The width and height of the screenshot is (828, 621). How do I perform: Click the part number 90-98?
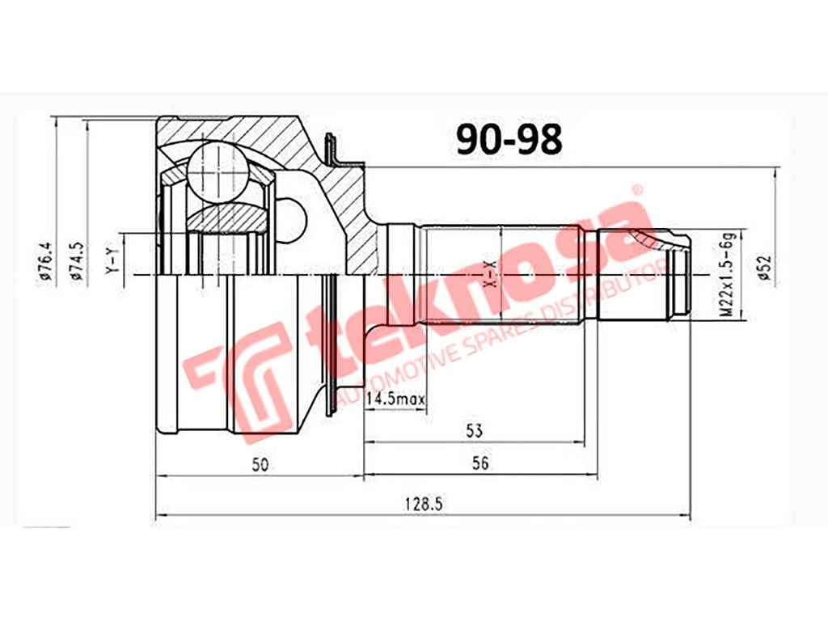click(x=508, y=140)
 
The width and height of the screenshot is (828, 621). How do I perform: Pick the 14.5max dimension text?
click(x=395, y=399)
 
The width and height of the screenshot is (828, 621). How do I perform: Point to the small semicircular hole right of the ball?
click(x=296, y=219)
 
